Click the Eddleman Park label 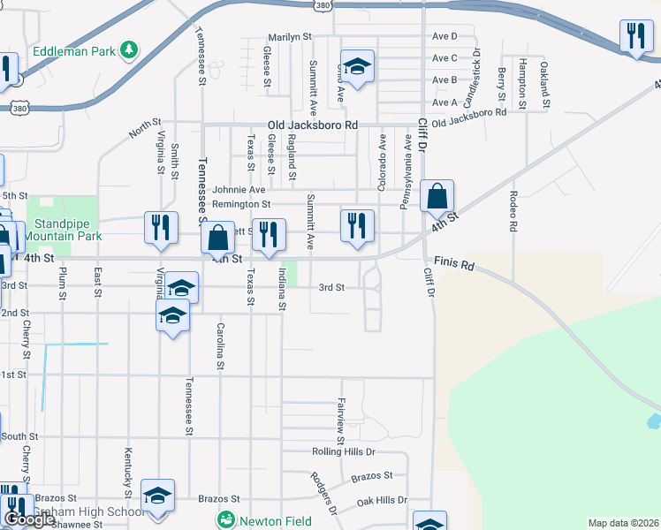pyautogui.click(x=75, y=51)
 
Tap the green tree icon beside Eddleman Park pyautogui.click(x=129, y=49)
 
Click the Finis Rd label pyautogui.click(x=455, y=265)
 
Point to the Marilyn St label pyautogui.click(x=291, y=37)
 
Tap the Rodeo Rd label pyautogui.click(x=513, y=211)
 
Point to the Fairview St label pyautogui.click(x=340, y=420)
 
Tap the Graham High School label pyautogui.click(x=88, y=512)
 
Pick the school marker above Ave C pyautogui.click(x=357, y=66)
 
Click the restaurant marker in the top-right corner pyautogui.click(x=634, y=36)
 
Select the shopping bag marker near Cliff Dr pyautogui.click(x=437, y=196)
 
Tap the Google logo pyautogui.click(x=29, y=519)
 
